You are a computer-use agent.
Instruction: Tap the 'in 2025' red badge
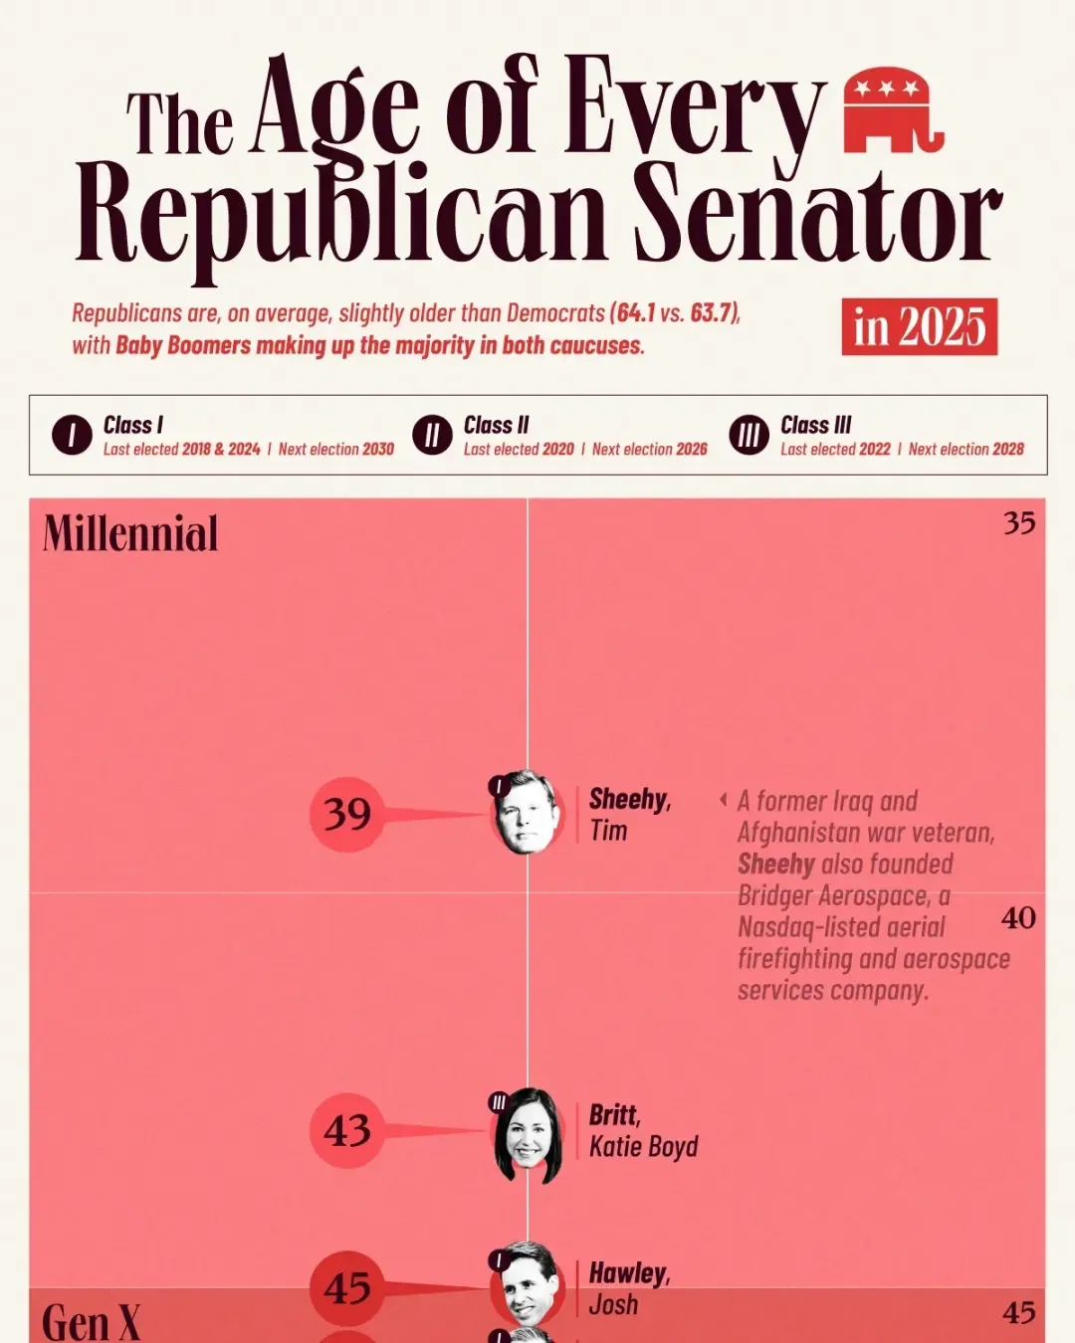coord(919,326)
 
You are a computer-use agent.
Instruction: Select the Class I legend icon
coord(72,436)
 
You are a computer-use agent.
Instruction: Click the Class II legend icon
coord(432,436)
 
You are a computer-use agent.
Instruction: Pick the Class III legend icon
coord(749,436)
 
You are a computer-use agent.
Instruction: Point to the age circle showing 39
coord(347,814)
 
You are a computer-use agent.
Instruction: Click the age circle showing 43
coord(347,1130)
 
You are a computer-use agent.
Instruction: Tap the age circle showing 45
coord(347,1288)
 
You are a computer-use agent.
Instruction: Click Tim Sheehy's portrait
coord(526,814)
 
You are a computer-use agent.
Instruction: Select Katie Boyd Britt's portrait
coord(527,1136)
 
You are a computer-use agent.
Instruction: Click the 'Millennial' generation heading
coord(130,534)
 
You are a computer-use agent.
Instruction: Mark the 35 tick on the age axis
coord(1019,522)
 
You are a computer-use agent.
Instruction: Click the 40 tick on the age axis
coord(1018,917)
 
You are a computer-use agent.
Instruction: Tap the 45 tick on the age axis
coord(1019,1312)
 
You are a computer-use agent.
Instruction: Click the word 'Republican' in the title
coord(341,214)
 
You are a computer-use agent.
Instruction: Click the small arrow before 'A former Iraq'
coord(724,799)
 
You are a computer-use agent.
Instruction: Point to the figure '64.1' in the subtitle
coord(635,312)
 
